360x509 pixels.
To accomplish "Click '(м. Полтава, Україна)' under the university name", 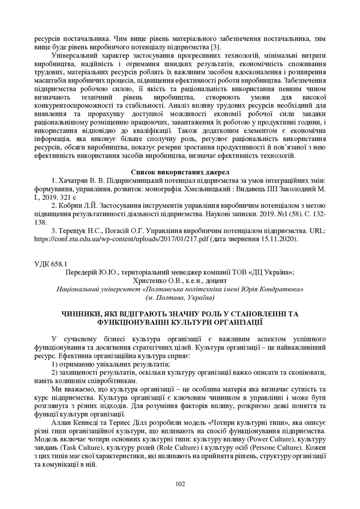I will click(x=180, y=297).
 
